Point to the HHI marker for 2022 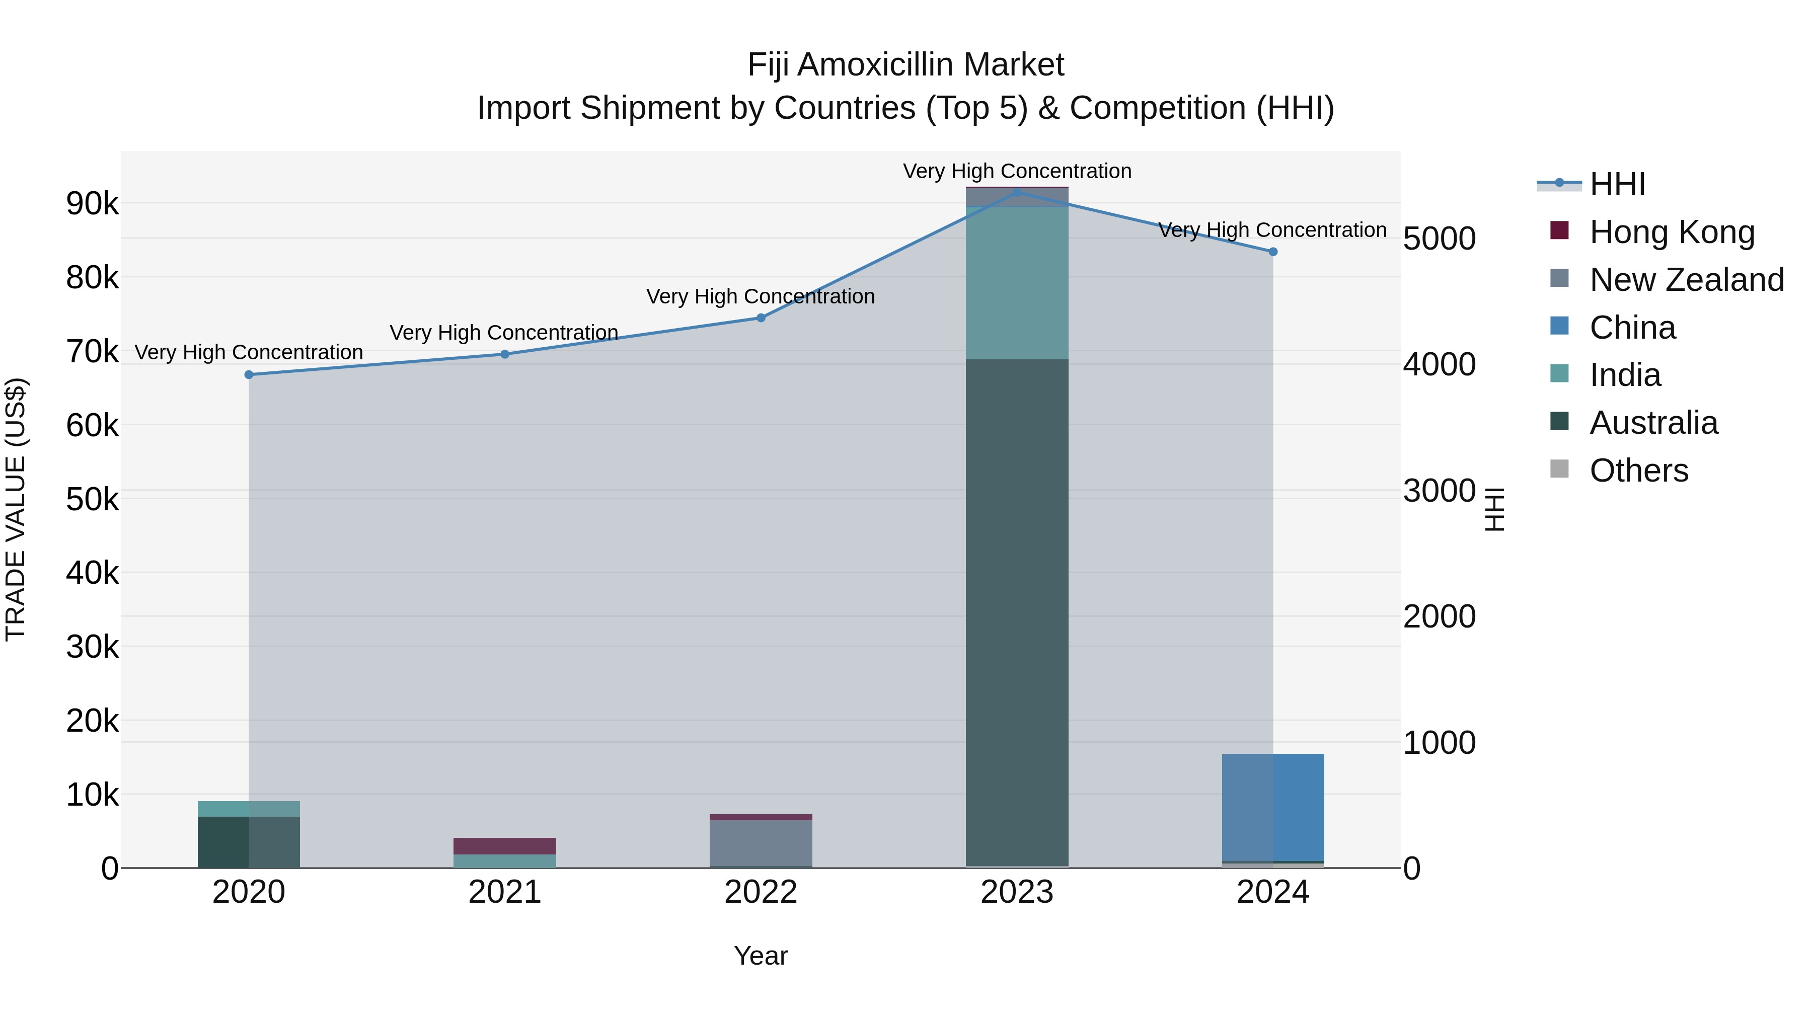761,318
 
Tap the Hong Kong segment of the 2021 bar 504,846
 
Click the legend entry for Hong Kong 1671,232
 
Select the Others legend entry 1638,471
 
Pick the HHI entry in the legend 1616,184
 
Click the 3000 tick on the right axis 1439,491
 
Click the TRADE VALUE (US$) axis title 16,509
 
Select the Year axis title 761,956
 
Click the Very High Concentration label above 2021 504,333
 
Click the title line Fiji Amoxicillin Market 905,65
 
